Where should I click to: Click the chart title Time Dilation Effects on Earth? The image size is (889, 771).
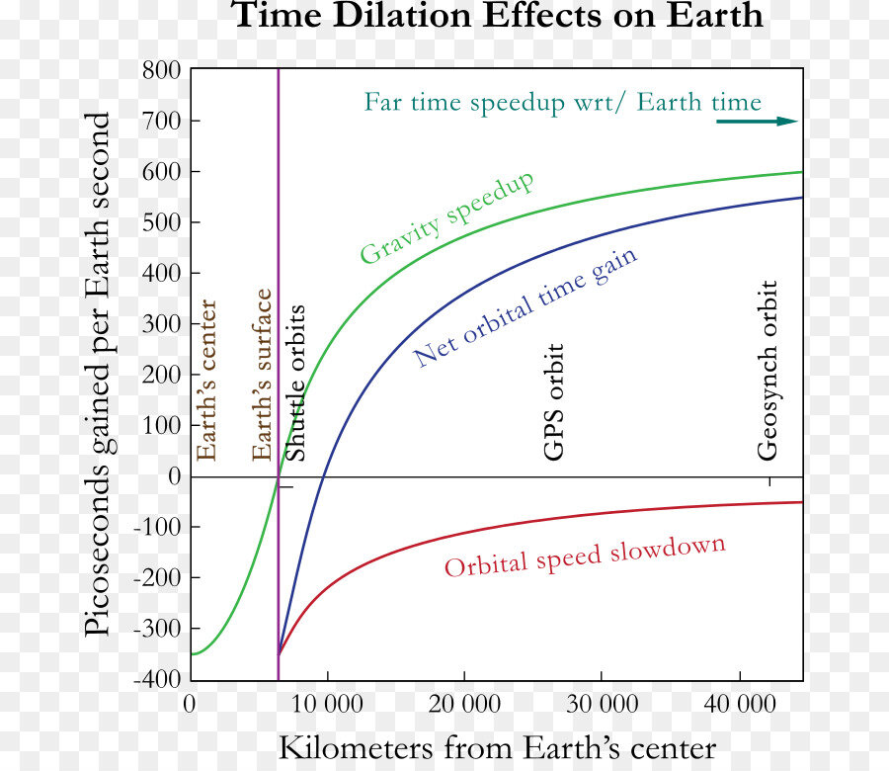[x=497, y=17]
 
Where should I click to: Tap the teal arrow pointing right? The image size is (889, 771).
[x=757, y=122]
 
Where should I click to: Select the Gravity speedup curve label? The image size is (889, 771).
[x=446, y=217]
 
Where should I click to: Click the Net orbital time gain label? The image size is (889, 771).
[x=525, y=306]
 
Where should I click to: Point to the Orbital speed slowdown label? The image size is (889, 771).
[x=585, y=557]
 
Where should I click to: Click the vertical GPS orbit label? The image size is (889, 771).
[x=554, y=402]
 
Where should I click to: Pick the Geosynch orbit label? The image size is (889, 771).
[x=768, y=371]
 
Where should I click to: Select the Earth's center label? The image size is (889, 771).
[x=206, y=381]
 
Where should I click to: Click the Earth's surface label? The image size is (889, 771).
[x=262, y=376]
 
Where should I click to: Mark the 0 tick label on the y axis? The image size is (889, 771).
[x=173, y=476]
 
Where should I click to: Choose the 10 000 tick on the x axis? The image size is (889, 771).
[x=327, y=704]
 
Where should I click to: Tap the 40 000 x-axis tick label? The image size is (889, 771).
[x=740, y=704]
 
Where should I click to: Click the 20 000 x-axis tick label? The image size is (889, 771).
[x=464, y=704]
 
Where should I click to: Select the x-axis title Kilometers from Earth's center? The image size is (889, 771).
[x=498, y=747]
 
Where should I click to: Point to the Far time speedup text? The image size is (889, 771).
[x=563, y=103]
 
